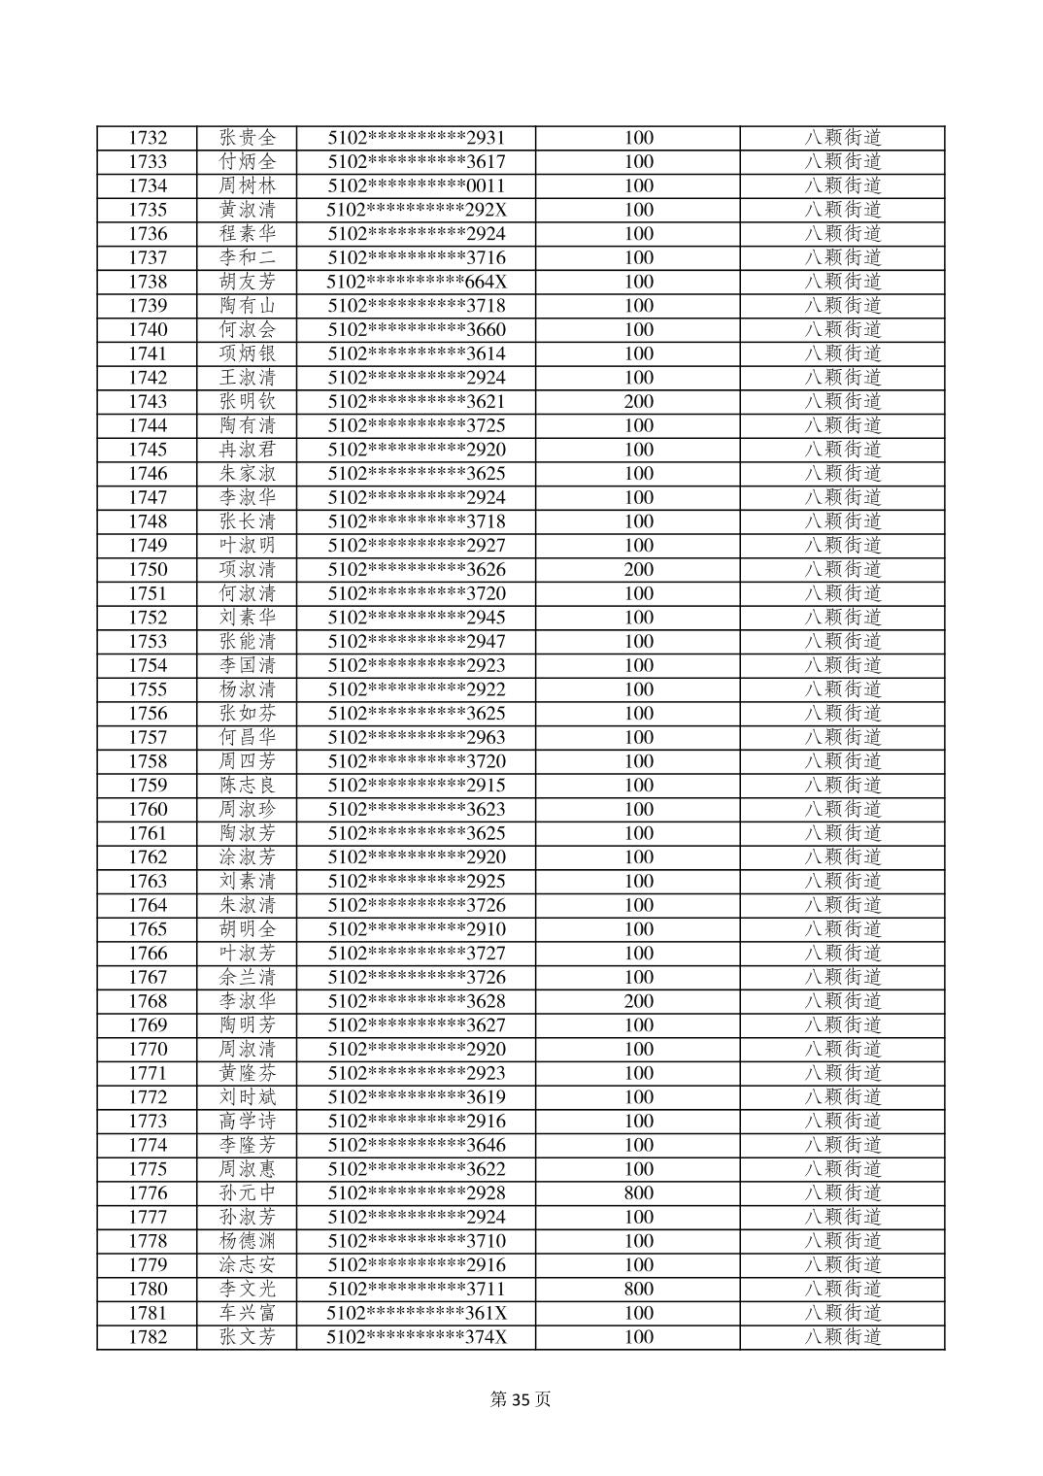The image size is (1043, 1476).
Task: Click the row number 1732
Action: point(148,138)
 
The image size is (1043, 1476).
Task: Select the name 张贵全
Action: point(248,138)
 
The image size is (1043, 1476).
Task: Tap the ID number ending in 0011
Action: point(417,185)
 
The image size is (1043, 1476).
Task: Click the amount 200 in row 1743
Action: point(638,401)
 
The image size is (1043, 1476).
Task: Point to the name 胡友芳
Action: point(248,282)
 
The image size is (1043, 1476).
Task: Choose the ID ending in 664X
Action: point(417,282)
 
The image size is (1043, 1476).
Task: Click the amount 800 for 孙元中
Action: point(638,1192)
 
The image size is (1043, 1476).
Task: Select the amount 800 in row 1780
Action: point(638,1289)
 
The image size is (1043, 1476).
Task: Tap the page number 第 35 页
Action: point(521,1399)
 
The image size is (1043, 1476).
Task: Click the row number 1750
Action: point(148,569)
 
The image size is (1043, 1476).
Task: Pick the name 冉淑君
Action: point(248,450)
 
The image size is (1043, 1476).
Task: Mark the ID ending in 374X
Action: point(417,1336)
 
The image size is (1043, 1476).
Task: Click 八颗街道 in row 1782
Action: point(842,1336)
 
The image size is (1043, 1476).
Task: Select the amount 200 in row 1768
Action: point(638,1001)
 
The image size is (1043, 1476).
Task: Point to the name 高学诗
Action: point(248,1121)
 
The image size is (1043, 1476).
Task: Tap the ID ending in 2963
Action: point(417,737)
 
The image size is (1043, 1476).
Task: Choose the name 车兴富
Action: point(248,1313)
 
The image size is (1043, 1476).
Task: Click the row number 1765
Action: point(148,929)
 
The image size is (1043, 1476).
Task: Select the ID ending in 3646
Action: point(417,1145)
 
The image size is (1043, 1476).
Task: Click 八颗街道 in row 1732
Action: point(842,138)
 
